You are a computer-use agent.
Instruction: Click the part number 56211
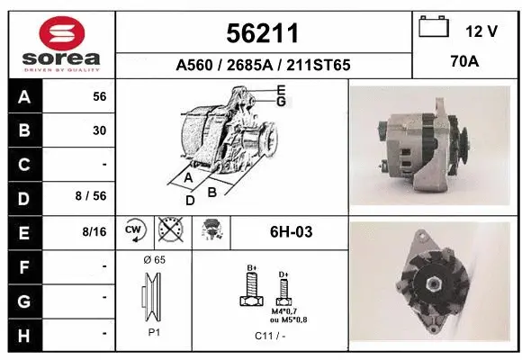pos(262,33)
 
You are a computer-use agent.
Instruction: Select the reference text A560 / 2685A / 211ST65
pos(262,65)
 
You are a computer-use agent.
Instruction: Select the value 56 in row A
pos(99,96)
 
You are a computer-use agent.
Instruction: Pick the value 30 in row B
pos(99,130)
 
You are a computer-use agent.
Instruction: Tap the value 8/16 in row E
pos(94,232)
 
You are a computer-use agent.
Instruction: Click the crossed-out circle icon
pos(168,231)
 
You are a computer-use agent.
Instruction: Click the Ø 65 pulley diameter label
pos(154,259)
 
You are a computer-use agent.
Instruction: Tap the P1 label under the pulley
pos(154,332)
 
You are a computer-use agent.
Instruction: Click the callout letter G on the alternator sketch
pos(281,102)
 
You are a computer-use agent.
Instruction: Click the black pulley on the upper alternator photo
pos(465,139)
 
